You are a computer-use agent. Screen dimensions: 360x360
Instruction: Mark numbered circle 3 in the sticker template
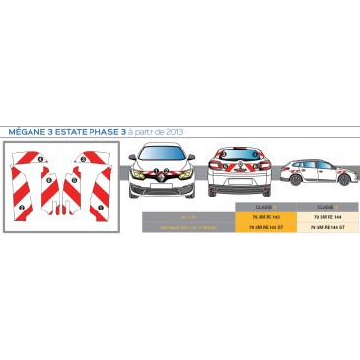(x=23, y=208)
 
